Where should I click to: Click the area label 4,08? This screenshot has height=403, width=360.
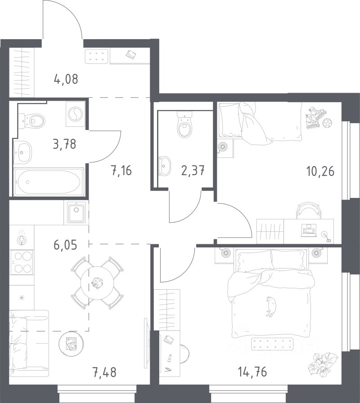coord(66,79)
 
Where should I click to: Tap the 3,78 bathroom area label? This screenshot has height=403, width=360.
coord(64,144)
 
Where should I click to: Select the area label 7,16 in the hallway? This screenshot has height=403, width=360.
coord(121,170)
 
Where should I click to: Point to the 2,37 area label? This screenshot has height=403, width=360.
coord(193,170)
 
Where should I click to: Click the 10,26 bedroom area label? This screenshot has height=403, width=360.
coord(320,171)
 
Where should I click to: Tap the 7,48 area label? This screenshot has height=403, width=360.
coord(104,372)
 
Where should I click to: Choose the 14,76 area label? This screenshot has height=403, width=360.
coord(252,372)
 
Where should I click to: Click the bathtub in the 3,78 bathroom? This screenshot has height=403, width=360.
coord(49,182)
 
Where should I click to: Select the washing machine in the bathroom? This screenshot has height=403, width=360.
coord(75,114)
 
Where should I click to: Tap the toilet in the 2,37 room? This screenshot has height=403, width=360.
coord(185,125)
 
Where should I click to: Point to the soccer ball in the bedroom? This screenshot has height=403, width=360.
coord(327,123)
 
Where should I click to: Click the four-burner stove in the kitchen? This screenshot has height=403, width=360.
coord(22,262)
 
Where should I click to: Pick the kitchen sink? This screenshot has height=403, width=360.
coord(76,212)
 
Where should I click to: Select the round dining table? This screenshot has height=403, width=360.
coord(97,283)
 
